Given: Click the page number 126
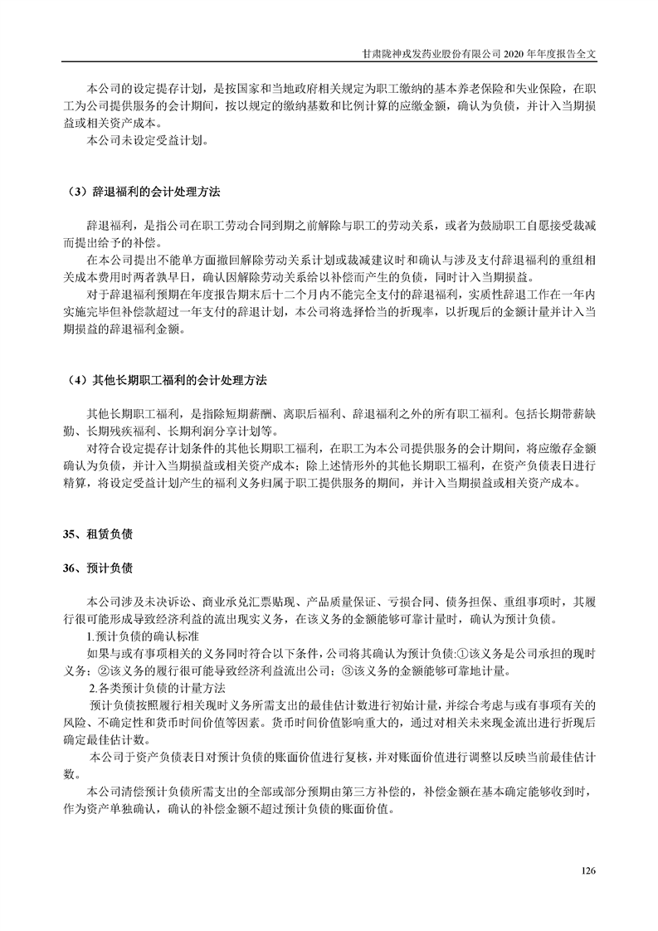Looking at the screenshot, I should point(589,870).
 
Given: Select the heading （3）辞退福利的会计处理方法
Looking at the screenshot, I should point(143,192).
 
